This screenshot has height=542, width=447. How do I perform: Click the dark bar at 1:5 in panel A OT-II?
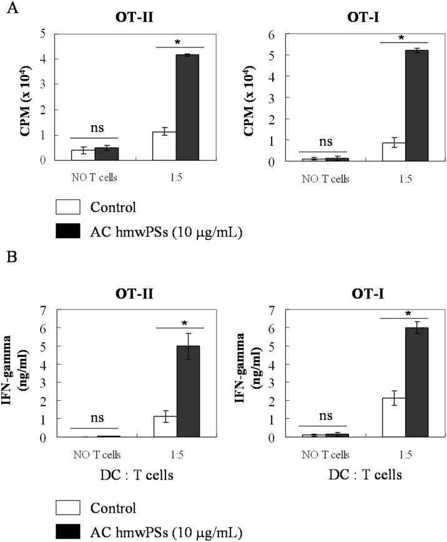[x=187, y=108]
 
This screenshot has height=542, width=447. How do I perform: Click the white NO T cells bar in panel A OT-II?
[x=83, y=155]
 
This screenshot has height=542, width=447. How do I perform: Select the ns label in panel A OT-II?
[x=94, y=129]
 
